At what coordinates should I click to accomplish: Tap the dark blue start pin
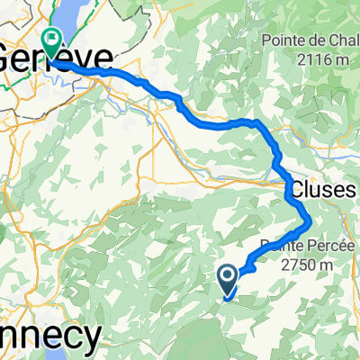click(x=229, y=281)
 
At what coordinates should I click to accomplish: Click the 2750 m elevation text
click(x=305, y=265)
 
